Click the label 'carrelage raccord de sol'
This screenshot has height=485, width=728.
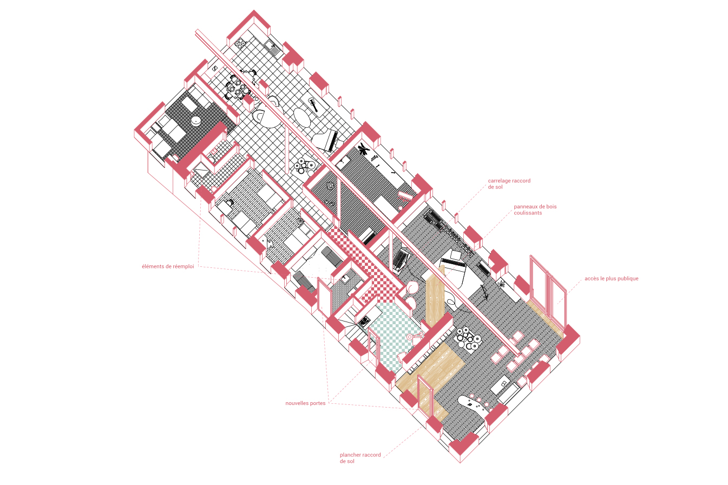pyautogui.click(x=509, y=183)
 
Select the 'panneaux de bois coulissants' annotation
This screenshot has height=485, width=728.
pyautogui.click(x=535, y=209)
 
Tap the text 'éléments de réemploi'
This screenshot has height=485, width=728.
pyautogui.click(x=168, y=266)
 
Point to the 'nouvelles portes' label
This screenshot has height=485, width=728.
pyautogui.click(x=305, y=403)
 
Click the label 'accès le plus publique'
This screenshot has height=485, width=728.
pyautogui.click(x=611, y=279)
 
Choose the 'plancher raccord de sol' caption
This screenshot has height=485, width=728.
pyautogui.click(x=360, y=458)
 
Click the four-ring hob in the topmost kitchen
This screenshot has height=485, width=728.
pyautogui.click(x=241, y=43)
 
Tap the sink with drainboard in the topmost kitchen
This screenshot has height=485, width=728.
pyautogui.click(x=272, y=48)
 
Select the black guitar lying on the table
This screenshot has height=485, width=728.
pyautogui.click(x=313, y=104)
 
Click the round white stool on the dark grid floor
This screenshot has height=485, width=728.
pyautogui.click(x=196, y=121)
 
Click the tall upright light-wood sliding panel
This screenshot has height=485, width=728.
pyautogui.click(x=435, y=296)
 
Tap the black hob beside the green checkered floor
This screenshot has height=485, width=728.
pyautogui.click(x=364, y=322)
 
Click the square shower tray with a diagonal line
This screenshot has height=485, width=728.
pyautogui.click(x=202, y=169)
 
